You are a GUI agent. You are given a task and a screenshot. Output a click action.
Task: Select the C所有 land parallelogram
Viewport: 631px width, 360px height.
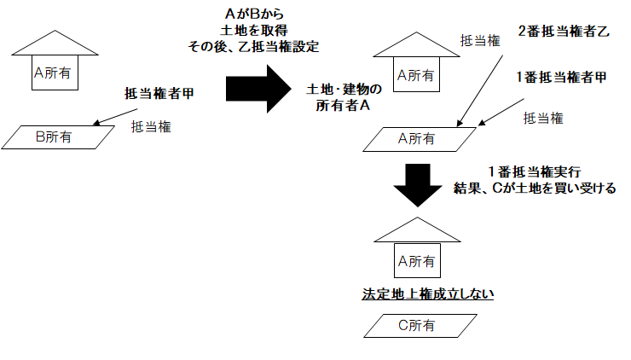tap(416, 325)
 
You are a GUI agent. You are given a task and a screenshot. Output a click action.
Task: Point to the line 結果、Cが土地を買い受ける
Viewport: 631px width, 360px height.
tap(534, 188)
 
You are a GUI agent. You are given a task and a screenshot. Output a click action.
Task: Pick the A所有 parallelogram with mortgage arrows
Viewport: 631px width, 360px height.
tap(416, 137)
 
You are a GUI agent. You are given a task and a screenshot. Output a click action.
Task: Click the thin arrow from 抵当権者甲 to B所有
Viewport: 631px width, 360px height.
tap(107, 117)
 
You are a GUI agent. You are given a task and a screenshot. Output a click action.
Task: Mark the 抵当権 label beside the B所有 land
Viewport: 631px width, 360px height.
tap(150, 126)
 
